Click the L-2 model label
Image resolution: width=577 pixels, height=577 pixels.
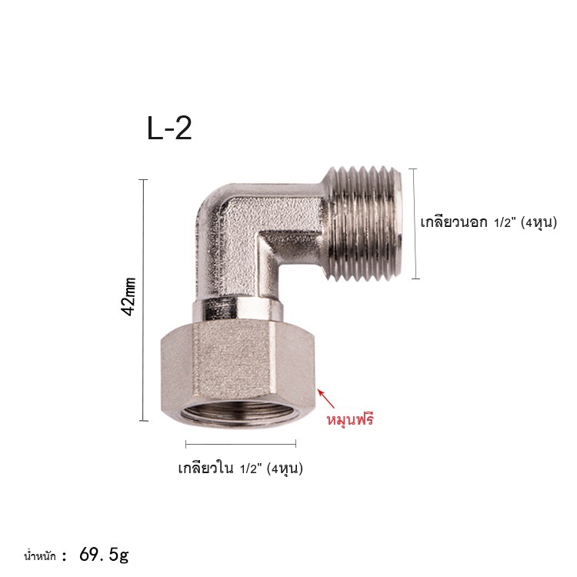169,128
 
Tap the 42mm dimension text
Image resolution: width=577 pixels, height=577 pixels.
128,297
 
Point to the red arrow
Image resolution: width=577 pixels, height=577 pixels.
327,399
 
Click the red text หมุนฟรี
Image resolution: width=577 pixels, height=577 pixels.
350,419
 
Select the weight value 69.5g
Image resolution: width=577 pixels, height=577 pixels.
104,555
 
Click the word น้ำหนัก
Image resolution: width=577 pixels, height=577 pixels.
40,555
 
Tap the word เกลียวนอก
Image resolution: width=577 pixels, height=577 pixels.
454,222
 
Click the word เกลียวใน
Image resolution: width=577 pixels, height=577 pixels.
205,469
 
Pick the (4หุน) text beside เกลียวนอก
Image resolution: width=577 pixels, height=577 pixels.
539,222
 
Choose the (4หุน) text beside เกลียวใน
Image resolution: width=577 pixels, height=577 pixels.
285,469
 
